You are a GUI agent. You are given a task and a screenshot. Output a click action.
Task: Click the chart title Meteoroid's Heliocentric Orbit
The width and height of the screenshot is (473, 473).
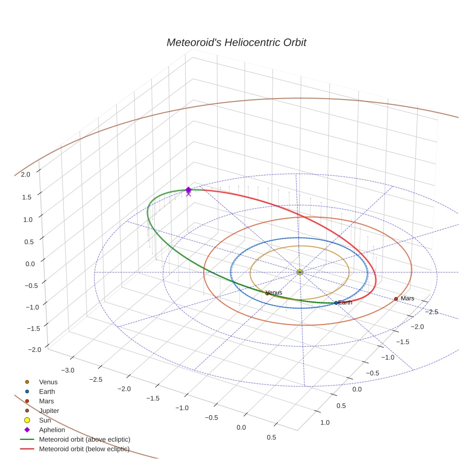[x=236, y=42]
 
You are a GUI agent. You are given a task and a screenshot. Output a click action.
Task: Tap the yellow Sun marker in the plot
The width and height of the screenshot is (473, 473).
[x=299, y=272]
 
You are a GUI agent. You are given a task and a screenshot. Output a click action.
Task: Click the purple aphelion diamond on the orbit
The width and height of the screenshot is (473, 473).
[x=188, y=190]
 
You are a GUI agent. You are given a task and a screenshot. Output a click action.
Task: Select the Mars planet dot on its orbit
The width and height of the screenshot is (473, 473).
[x=396, y=299]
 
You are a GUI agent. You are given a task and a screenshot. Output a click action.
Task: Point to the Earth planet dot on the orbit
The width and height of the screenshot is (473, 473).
[x=336, y=303]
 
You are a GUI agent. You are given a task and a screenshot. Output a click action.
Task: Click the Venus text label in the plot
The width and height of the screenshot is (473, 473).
[x=274, y=292]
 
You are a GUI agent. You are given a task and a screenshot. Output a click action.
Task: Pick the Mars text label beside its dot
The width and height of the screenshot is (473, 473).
[x=407, y=299]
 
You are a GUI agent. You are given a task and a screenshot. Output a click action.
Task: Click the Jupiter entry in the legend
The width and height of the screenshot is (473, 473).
[x=49, y=411]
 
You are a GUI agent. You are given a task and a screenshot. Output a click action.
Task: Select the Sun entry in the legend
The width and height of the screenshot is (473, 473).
[x=45, y=420]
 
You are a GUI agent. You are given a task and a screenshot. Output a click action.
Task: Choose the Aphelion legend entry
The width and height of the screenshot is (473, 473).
[x=52, y=430]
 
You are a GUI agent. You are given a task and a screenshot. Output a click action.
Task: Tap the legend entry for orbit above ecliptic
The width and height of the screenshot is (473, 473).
[x=85, y=439]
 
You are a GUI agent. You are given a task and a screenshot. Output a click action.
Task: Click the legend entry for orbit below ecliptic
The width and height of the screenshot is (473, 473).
[x=84, y=449]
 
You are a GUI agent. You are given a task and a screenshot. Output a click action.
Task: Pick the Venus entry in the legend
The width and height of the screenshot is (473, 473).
[x=48, y=382]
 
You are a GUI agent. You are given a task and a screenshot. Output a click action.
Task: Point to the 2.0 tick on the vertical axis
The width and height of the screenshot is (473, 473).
[x=25, y=174]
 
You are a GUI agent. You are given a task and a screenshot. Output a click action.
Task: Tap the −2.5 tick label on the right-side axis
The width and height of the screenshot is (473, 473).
[x=432, y=311]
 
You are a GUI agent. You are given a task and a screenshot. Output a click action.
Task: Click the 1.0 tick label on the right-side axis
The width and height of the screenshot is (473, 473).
[x=324, y=423]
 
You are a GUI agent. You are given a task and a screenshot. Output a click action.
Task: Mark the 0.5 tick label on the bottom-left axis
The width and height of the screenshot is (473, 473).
[x=271, y=437]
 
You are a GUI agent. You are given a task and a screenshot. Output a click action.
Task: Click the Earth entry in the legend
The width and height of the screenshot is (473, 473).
[x=47, y=392]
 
